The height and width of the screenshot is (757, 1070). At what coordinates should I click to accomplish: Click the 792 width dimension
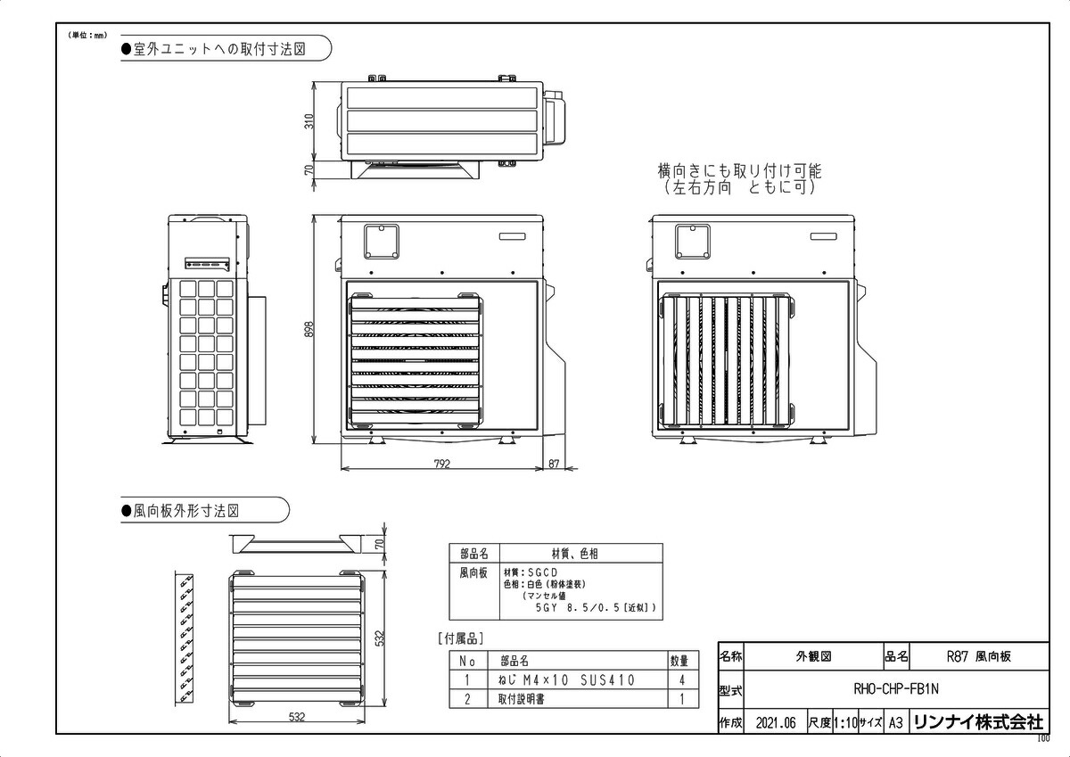(x=442, y=464)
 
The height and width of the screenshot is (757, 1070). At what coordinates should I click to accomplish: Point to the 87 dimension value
(x=554, y=464)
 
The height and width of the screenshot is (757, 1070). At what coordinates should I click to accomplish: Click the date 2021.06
(x=774, y=723)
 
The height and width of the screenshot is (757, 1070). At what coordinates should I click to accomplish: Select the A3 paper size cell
(x=895, y=723)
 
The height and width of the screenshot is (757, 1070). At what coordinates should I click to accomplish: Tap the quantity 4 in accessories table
(x=682, y=680)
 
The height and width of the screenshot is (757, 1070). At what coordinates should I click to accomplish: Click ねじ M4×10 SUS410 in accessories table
(x=566, y=680)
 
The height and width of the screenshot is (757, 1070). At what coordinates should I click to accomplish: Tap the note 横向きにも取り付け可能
(x=739, y=169)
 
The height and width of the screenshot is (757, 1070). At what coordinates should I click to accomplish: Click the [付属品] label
(x=461, y=638)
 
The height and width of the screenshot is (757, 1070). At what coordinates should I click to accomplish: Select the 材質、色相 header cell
(x=581, y=554)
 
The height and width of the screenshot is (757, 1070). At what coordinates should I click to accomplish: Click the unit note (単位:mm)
(x=86, y=35)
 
